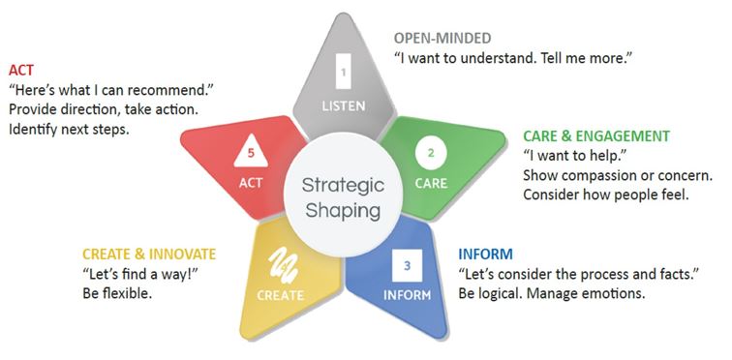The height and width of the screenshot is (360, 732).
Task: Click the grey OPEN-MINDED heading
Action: [x=442, y=39]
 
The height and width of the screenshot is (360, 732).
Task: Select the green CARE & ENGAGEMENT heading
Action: [x=596, y=135]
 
